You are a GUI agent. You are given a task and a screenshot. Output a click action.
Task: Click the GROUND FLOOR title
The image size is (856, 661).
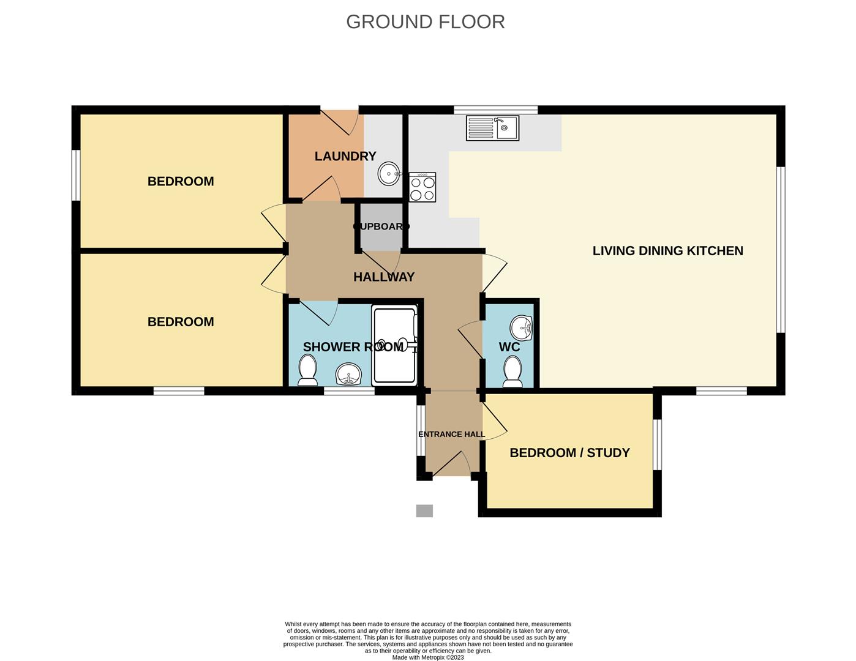tap(425, 22)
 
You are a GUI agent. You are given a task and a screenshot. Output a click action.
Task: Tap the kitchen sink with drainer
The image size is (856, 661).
tap(492, 128)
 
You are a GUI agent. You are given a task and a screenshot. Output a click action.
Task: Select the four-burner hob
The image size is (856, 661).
tap(422, 187)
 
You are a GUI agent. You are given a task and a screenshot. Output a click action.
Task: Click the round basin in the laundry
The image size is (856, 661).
tap(389, 173)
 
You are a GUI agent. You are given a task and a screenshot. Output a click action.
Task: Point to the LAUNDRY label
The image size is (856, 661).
tap(345, 156)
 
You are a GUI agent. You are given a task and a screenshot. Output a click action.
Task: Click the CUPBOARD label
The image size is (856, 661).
tap(381, 226)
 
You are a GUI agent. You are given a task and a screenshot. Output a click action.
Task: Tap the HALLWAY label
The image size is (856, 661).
tap(384, 277)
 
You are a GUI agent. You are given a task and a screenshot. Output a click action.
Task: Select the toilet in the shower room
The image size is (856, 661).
tap(307, 370)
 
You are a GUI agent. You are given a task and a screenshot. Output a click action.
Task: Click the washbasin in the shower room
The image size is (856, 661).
tap(348, 373)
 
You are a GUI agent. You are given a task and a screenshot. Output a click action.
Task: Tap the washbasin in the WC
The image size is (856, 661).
tap(521, 327)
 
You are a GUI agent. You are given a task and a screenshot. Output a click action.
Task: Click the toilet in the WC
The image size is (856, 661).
tap(513, 372)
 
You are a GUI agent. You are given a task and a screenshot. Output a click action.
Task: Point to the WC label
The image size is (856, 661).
tap(509, 347)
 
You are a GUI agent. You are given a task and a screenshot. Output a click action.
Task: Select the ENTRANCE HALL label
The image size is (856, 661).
tap(451, 434)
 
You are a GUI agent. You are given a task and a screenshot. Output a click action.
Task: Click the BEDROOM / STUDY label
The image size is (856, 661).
tap(569, 453)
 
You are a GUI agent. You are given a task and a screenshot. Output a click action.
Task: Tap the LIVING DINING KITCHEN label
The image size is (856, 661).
tap(667, 251)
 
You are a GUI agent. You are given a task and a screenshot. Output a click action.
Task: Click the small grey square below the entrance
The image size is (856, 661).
tap(425, 511)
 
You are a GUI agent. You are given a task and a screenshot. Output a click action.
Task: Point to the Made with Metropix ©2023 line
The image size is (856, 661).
tap(428, 657)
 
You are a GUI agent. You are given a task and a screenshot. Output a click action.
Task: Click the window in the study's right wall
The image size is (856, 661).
tap(657, 445)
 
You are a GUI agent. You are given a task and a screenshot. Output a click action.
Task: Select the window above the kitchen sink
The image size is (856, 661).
tap(495, 110)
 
